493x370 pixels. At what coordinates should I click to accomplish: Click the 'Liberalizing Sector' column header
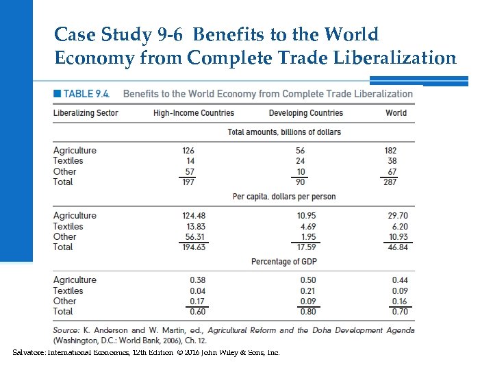[86, 113]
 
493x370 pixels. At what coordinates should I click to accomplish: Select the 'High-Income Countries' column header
[194, 113]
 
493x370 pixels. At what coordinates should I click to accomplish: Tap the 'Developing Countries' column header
[306, 113]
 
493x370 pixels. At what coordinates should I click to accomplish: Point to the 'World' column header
[396, 113]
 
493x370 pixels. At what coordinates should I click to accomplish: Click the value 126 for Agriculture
[188, 151]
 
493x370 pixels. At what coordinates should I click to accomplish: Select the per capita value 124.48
[194, 216]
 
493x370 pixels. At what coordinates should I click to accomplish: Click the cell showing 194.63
[194, 247]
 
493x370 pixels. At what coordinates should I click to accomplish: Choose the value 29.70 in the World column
[397, 216]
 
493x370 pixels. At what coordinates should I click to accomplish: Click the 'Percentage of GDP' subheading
[283, 262]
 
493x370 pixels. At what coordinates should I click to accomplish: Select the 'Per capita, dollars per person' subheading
[284, 197]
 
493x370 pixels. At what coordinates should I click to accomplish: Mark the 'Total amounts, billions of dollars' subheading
[284, 132]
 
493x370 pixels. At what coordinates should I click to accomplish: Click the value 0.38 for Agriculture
[197, 280]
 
